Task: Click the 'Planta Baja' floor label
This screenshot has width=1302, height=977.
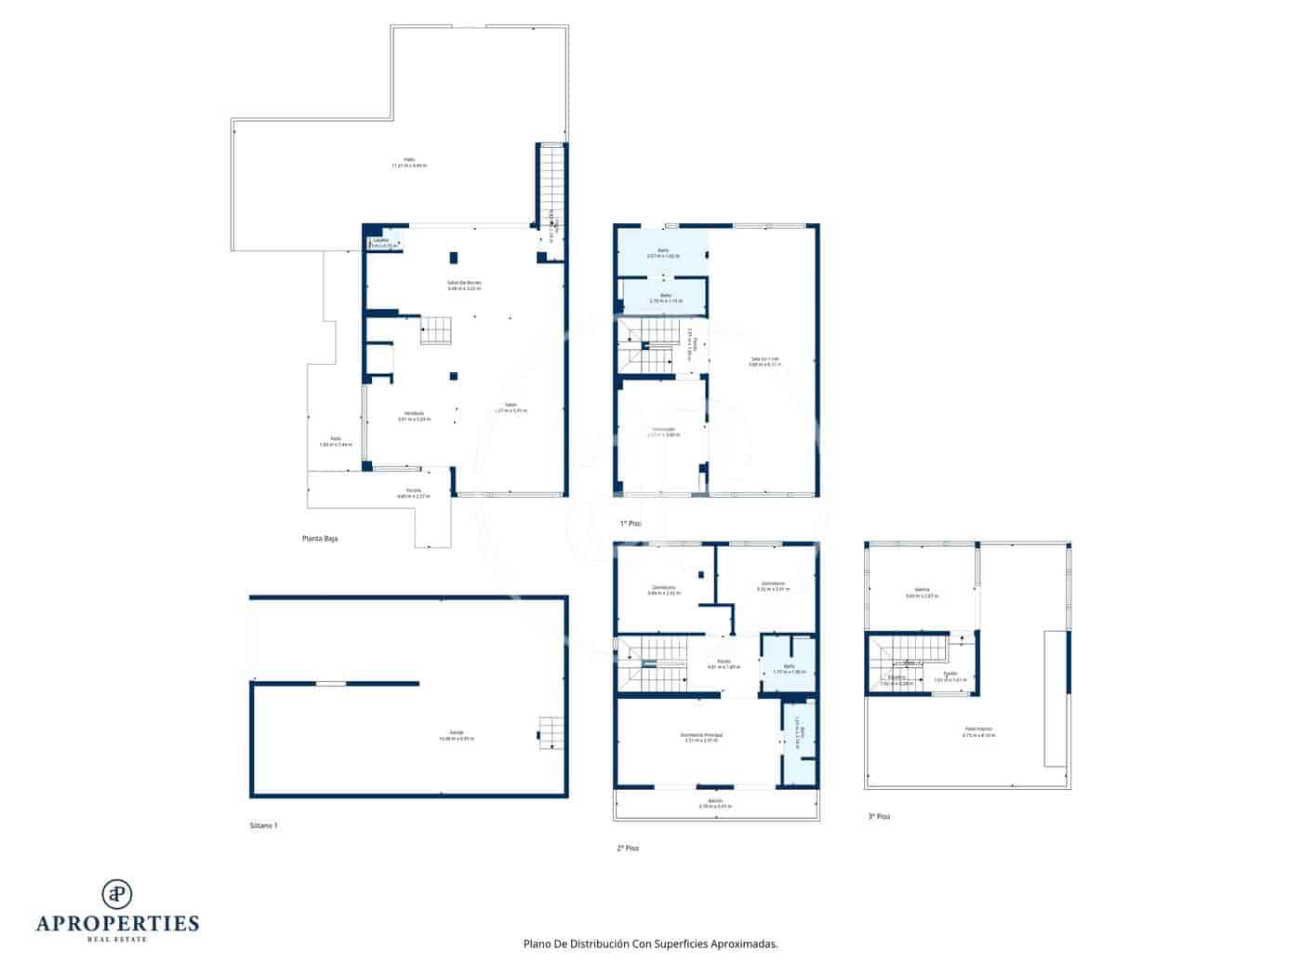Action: click(x=319, y=538)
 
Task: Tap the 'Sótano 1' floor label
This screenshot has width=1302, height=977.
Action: click(x=263, y=825)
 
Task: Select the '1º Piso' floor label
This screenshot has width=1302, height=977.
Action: click(x=631, y=523)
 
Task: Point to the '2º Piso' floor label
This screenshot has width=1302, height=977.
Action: click(x=628, y=848)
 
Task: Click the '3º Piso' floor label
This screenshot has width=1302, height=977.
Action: click(x=879, y=816)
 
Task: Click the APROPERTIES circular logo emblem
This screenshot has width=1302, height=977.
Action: click(x=116, y=893)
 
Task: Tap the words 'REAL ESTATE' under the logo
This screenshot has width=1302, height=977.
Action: click(x=117, y=939)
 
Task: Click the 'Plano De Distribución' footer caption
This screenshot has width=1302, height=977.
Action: click(x=650, y=944)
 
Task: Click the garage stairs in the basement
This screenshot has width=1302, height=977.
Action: click(x=551, y=732)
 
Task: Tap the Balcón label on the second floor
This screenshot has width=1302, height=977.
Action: click(x=715, y=803)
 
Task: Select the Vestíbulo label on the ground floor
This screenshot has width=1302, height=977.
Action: click(x=414, y=415)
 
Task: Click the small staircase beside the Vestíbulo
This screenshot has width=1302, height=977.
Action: click(x=435, y=329)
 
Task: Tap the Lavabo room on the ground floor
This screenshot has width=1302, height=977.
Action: click(x=382, y=243)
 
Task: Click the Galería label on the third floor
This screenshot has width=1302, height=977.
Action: click(x=922, y=592)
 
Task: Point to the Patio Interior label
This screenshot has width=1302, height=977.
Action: click(x=978, y=731)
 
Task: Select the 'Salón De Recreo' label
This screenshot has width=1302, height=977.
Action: click(x=464, y=285)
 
